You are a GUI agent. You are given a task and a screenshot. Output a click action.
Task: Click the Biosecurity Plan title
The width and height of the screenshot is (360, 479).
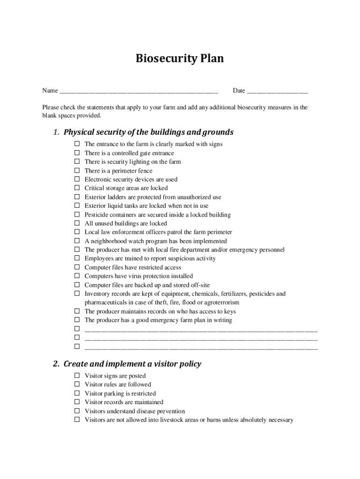point(180,58)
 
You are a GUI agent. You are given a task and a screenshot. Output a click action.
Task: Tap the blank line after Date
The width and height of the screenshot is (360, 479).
point(277,91)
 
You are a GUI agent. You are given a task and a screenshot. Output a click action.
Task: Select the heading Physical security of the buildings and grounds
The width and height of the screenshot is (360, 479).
point(148,132)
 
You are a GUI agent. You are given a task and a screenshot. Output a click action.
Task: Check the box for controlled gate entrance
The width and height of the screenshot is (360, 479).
point(77,153)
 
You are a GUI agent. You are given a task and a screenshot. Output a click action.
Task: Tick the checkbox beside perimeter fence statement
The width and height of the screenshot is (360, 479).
point(77,171)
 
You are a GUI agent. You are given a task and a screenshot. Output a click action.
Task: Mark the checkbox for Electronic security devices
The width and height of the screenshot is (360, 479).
point(77,179)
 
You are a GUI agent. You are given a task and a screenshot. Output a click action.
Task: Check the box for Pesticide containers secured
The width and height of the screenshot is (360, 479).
point(77,215)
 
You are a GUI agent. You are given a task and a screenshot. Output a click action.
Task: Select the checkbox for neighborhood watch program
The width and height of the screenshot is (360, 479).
point(77,241)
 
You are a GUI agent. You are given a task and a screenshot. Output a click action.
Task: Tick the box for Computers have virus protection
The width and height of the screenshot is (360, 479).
point(77,276)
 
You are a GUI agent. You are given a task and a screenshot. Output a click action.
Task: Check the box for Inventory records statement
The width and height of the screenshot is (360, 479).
point(77,294)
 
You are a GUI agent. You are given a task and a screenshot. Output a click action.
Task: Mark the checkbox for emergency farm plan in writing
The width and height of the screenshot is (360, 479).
point(77,320)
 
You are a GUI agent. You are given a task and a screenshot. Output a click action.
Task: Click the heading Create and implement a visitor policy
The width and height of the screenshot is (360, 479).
point(132,363)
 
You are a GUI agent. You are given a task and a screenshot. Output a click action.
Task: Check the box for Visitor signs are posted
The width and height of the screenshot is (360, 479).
point(77,376)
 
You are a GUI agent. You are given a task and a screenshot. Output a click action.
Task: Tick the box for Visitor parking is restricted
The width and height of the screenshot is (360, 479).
point(77,393)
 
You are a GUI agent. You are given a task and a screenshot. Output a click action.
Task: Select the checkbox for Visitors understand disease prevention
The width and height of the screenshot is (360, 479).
point(77,411)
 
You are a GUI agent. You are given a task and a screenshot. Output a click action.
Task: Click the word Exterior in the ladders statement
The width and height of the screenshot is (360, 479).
point(95,197)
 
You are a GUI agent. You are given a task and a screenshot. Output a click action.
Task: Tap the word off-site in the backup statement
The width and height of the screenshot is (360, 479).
point(198,285)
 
